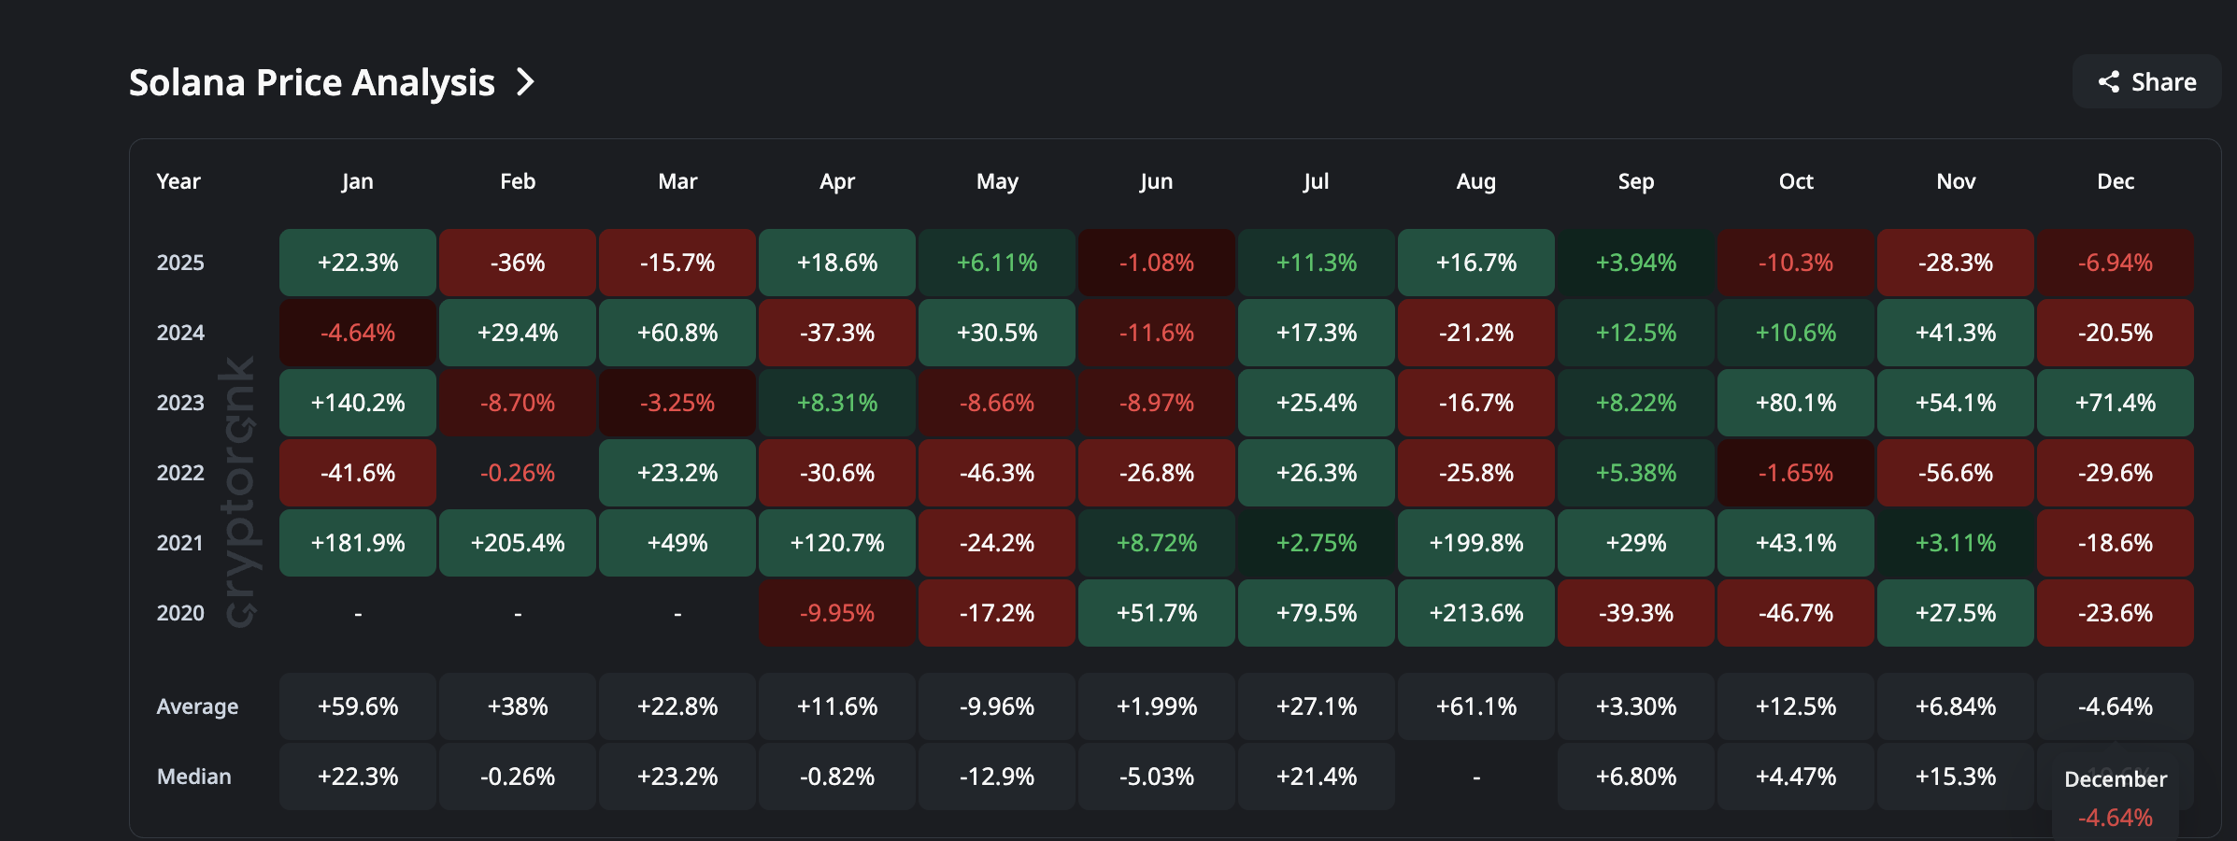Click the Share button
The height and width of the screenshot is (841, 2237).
2146,82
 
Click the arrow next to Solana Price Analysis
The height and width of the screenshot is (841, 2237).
526,82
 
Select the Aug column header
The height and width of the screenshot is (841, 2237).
1475,181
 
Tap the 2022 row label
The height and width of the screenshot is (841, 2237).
180,473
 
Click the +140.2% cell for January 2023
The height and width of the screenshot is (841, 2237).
358,403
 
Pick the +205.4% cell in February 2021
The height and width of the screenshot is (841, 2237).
518,543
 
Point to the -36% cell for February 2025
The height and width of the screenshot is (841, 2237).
518,263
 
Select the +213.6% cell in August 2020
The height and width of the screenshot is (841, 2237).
1475,613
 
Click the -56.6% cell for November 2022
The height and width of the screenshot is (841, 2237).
1955,473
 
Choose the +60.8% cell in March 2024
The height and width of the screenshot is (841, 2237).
677,333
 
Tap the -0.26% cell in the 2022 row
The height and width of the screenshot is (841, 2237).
518,473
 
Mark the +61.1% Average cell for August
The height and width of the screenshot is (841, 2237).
1475,706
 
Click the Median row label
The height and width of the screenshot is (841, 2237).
193,777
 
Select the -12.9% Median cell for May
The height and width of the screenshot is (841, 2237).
997,777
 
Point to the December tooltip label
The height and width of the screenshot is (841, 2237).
2115,779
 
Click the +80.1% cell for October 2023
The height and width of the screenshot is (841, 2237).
1795,403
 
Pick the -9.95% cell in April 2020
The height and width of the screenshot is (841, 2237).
837,613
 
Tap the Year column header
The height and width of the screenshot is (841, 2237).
178,181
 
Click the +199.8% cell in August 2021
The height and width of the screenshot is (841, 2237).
1475,543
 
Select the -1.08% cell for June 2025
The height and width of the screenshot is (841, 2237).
1156,263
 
